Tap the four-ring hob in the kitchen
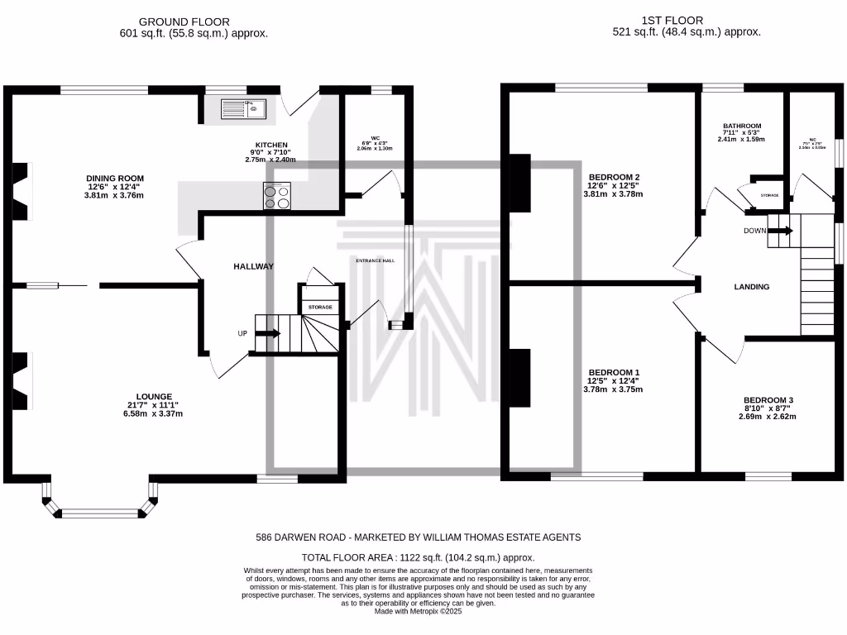[x=278, y=195]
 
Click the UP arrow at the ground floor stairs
[x=268, y=333]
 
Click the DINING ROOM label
[x=116, y=178]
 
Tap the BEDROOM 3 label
[x=768, y=399]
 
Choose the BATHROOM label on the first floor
[x=741, y=126]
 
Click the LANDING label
[x=752, y=287]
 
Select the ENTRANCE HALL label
[x=376, y=260]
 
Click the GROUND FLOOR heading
[x=184, y=21]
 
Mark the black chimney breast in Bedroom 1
[x=519, y=378]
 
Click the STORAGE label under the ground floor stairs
[x=320, y=307]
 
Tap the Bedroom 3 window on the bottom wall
[x=768, y=476]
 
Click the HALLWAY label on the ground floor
[x=253, y=266]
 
